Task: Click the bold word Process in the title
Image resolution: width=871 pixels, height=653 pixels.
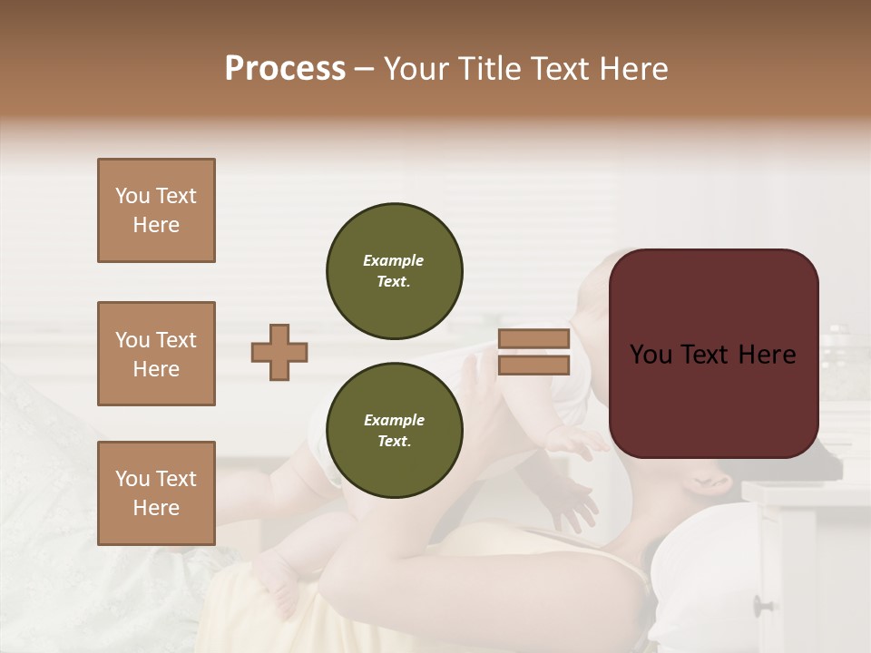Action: click(x=285, y=69)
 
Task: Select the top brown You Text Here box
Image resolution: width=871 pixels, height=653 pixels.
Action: click(x=156, y=210)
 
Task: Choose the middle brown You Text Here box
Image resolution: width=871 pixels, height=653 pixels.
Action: click(x=156, y=354)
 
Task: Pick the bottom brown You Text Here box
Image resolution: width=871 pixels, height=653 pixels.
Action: click(x=156, y=493)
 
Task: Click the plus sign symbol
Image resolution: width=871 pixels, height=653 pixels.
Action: click(x=279, y=352)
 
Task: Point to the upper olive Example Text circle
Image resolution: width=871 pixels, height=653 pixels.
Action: click(x=394, y=271)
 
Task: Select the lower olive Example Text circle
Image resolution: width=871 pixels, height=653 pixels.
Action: click(x=394, y=431)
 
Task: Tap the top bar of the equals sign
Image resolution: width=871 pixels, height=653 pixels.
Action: click(x=533, y=339)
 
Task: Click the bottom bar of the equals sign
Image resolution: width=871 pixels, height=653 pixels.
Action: click(x=533, y=365)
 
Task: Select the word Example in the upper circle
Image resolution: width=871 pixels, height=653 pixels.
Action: click(x=394, y=260)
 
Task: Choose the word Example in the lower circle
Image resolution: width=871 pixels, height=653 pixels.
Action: click(x=394, y=420)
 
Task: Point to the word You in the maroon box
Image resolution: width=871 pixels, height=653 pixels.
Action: click(x=651, y=355)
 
